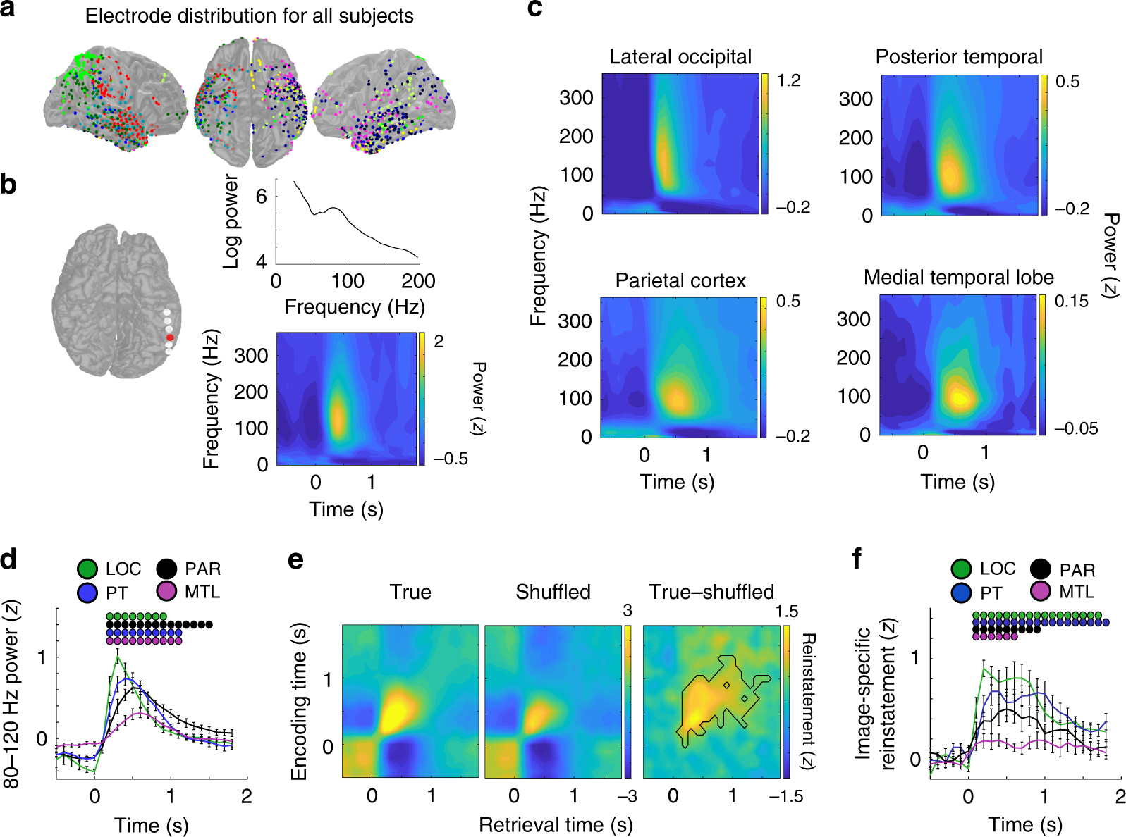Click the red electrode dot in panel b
click(170, 337)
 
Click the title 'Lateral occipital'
click(680, 57)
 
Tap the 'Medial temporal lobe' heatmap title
click(958, 278)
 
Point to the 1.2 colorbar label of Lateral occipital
click(788, 80)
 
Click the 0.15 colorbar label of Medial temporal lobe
click(1071, 302)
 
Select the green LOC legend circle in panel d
click(87, 569)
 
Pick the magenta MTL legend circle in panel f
click(1041, 591)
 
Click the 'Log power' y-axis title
click(231, 222)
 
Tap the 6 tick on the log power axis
click(262, 197)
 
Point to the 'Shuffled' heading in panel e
click(553, 592)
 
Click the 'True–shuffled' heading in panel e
click(711, 592)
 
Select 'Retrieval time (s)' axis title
click(556, 824)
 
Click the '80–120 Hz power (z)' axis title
click(11, 694)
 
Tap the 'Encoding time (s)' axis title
click(299, 701)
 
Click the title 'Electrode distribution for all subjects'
click(249, 15)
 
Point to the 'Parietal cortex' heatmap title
click(680, 281)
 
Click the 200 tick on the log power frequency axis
click(418, 282)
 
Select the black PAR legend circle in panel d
click(167, 569)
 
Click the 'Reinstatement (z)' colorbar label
click(808, 701)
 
